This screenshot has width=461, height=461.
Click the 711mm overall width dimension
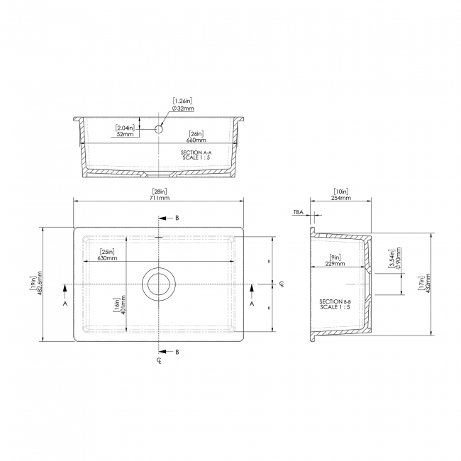(x=160, y=198)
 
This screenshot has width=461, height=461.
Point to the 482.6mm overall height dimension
(x=40, y=284)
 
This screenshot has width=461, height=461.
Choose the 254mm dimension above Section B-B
(x=341, y=198)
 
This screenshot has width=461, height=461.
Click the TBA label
(x=298, y=211)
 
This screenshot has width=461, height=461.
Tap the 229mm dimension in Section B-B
(x=335, y=263)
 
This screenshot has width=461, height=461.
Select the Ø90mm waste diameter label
(x=399, y=259)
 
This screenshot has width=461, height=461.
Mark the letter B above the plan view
(x=177, y=217)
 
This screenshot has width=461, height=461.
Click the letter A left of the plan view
(x=65, y=303)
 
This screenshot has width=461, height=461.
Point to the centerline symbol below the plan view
(x=159, y=362)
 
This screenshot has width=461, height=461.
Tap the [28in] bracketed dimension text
(x=160, y=191)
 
